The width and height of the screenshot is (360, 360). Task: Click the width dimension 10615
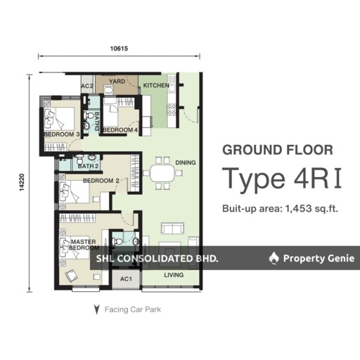pos(119,49)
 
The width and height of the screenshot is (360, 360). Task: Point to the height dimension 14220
pos(22,182)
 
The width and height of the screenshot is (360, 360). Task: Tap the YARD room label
pos(117,82)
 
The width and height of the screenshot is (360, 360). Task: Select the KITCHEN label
pos(156,85)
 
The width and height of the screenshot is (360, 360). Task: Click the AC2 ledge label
pos(87,86)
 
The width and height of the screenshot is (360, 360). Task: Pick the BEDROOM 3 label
pos(62,134)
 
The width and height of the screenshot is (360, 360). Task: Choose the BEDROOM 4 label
pos(120,130)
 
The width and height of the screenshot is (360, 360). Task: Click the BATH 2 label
pos(88,166)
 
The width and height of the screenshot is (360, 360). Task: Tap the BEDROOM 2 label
pos(101,181)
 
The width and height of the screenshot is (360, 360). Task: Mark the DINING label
pos(186,162)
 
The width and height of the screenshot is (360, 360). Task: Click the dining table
pos(162,173)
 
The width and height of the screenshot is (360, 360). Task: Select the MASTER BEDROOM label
pos(84,245)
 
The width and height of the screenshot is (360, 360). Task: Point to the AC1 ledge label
pos(126,279)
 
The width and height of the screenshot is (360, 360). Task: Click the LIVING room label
pos(174,275)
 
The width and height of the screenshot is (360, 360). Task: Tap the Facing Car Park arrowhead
pos(96,309)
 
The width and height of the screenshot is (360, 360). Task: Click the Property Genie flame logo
pos(274,258)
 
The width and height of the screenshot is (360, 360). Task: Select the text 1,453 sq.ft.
pos(311,208)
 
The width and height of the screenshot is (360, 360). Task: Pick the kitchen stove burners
pos(172,110)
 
